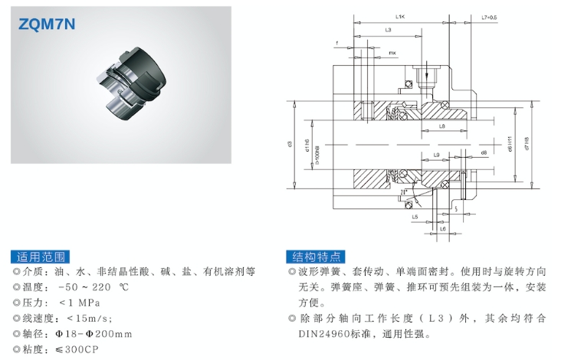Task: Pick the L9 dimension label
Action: click(x=435, y=155)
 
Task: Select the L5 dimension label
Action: click(x=415, y=218)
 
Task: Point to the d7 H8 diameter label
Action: click(x=528, y=143)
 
